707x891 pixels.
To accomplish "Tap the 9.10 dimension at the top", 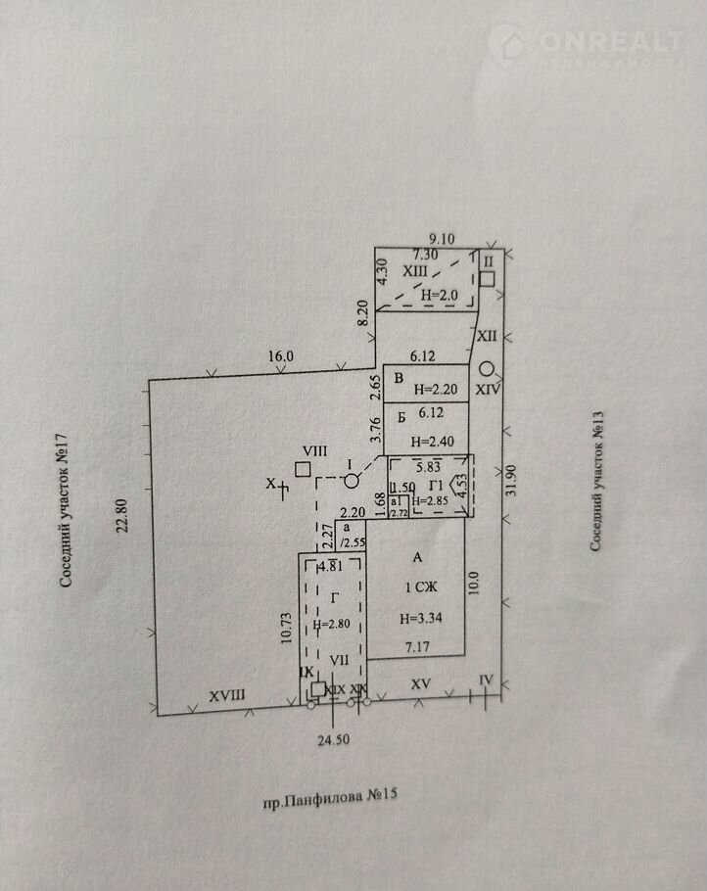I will click(x=446, y=236).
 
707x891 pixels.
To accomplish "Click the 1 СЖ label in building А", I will click(x=420, y=587).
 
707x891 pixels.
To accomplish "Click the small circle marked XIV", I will click(x=487, y=369).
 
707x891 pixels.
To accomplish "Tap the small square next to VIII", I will click(x=303, y=469).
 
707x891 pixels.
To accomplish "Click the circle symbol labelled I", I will click(x=351, y=481).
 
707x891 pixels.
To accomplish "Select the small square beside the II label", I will click(x=487, y=279).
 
